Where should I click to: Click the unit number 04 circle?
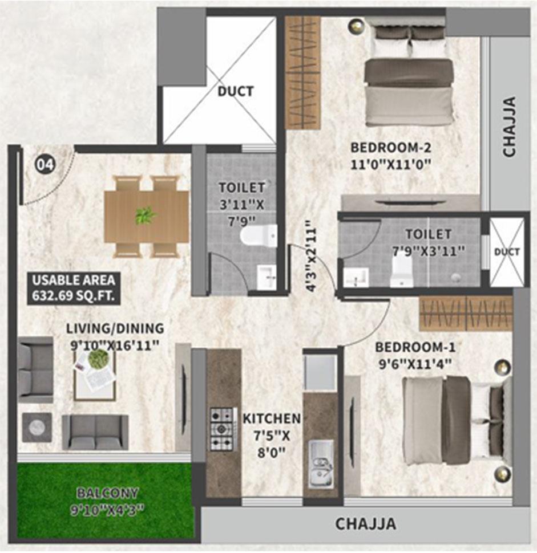pos(45,165)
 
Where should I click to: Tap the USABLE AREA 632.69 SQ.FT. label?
pos(73,288)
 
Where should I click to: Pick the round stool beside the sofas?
pos(37,426)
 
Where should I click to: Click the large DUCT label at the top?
pos(235,91)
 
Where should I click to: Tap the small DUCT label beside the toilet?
pos(506,252)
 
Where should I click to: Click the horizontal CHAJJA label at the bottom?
pos(365,523)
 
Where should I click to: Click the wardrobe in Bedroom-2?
pos(302,72)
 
